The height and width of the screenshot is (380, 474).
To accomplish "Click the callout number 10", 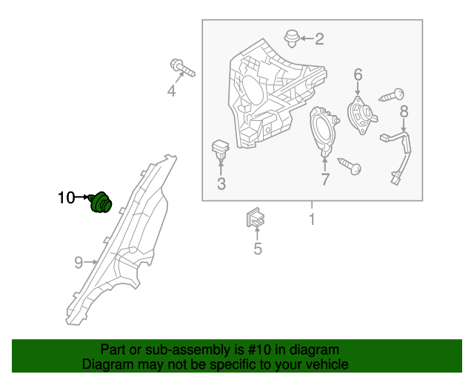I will point(66,197).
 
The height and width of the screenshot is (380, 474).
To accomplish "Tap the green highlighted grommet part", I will point(99,201).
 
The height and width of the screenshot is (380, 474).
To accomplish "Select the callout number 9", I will point(78,261).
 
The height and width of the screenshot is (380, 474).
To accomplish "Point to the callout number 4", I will point(171,91).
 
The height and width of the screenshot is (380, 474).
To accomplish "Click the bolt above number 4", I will point(182,69).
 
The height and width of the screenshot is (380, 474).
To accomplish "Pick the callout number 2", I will point(319,39).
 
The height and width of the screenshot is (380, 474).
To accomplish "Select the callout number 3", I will point(221,183).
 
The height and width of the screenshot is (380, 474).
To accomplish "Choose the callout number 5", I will point(258,249).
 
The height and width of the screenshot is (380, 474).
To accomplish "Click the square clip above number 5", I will point(256,220).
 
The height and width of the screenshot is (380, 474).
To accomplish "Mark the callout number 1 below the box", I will point(312,220).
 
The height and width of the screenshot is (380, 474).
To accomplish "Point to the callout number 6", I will point(358,74).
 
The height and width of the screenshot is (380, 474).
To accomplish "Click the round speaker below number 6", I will point(361,116).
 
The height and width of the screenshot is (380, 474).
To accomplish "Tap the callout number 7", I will point(324,180).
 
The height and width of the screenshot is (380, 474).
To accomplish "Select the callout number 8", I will point(404,112).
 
